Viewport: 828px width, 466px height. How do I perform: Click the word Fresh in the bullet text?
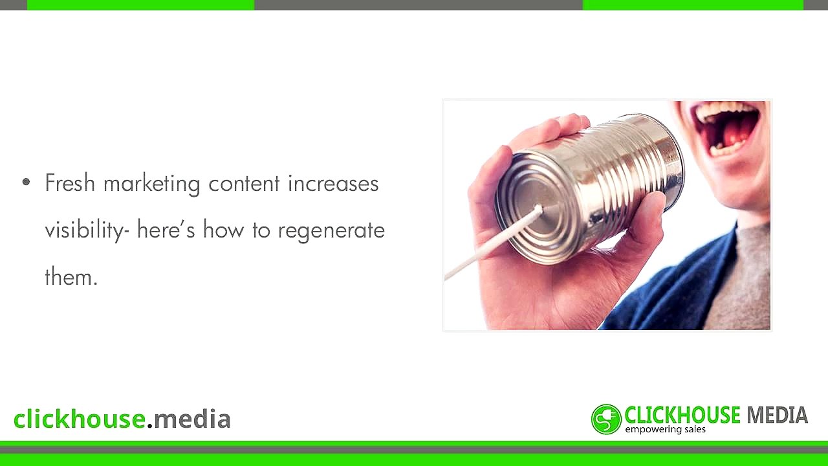coord(70,183)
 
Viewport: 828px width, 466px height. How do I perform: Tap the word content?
coord(244,184)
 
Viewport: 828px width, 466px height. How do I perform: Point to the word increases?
coord(333,184)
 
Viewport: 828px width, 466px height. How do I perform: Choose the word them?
coord(71,277)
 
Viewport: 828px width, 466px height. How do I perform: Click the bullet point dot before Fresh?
coord(26,183)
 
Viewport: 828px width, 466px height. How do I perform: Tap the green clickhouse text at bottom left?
coord(79,419)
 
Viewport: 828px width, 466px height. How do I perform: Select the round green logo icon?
coord(606,419)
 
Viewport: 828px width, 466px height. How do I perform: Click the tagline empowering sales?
coord(665,430)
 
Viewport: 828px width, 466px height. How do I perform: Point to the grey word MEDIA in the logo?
coord(777,415)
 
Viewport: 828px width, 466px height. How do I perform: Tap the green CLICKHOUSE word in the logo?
coord(682,415)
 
